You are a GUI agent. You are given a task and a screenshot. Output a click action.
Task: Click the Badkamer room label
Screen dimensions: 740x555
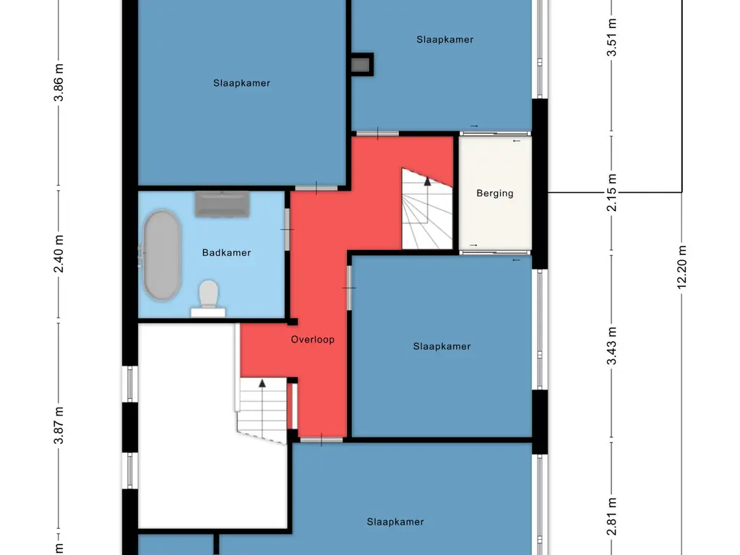click(226, 252)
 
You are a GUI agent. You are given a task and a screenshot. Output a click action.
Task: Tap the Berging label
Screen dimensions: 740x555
click(494, 193)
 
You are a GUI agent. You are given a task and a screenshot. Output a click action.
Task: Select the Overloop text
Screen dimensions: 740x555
click(312, 340)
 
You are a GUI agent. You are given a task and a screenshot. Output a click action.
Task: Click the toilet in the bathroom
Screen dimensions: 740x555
click(208, 298)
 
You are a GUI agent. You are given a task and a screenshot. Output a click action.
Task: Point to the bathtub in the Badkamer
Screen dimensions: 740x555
click(161, 255)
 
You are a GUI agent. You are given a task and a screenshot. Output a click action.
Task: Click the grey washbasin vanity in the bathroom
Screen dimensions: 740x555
click(223, 204)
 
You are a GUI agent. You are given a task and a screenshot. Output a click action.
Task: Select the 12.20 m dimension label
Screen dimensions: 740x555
click(681, 267)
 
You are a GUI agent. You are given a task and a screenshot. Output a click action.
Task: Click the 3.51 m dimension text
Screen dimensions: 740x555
click(611, 38)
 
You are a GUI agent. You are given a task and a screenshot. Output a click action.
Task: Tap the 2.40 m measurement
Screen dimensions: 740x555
click(59, 254)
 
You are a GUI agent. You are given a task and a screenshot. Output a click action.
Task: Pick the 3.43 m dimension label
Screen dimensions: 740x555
click(611, 346)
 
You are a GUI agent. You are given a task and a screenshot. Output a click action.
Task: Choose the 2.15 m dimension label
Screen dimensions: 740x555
click(611, 192)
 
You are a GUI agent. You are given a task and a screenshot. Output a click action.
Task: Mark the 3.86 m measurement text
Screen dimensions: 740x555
click(59, 82)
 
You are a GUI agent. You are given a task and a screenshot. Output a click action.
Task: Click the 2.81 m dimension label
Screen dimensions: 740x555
click(611, 517)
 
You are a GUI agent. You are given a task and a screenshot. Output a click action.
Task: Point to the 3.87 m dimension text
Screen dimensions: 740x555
click(59, 425)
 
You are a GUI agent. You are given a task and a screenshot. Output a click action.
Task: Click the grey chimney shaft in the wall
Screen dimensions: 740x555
click(361, 64)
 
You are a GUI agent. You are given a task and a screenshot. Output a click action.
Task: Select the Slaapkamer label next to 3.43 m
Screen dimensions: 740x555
click(442, 346)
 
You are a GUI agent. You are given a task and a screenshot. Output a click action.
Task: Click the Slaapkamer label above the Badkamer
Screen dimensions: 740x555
click(241, 83)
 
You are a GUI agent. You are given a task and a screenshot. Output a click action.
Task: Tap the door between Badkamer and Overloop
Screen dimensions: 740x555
click(287, 229)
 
